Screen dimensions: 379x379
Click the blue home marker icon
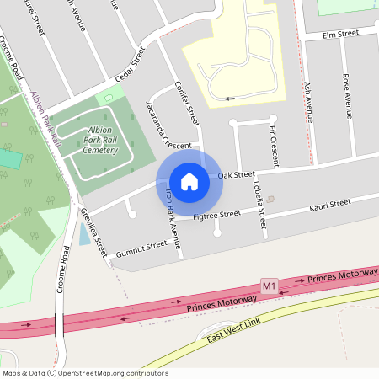pos(189,182)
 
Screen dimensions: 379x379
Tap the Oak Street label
pos(236,175)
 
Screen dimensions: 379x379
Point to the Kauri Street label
pos(329,205)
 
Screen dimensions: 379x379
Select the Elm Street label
pos(340,34)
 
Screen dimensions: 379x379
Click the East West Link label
pos(231,334)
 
